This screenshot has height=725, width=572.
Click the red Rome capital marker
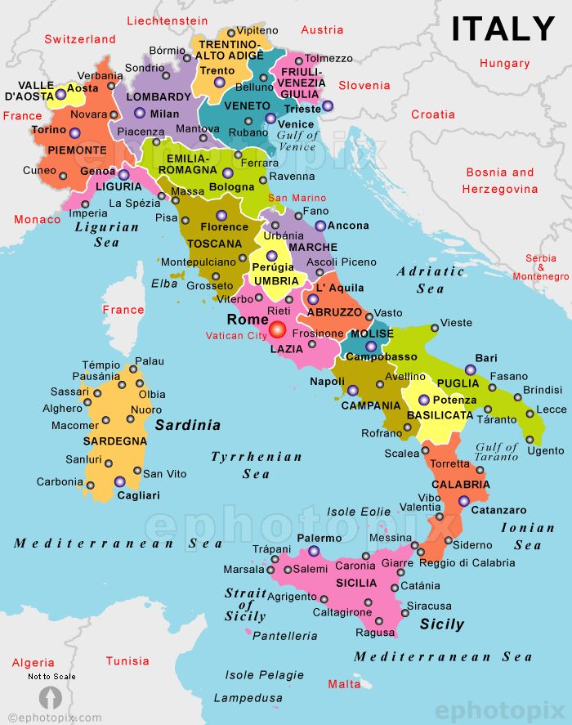pos(278,329)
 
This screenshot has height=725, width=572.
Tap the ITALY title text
pos(503,29)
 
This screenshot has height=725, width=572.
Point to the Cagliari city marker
pos(120,481)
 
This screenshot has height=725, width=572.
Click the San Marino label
pos(297,198)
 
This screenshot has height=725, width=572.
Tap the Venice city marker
pos(270,119)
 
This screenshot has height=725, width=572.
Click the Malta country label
pos(343,683)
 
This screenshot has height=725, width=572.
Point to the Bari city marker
pos(470,369)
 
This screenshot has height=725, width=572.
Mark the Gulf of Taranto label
pos(497,452)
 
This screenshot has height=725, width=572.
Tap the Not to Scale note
pos(51,677)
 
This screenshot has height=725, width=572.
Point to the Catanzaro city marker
pos(463,501)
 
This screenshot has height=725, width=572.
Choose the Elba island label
pos(164,284)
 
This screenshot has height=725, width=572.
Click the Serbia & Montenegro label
pos(540,267)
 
